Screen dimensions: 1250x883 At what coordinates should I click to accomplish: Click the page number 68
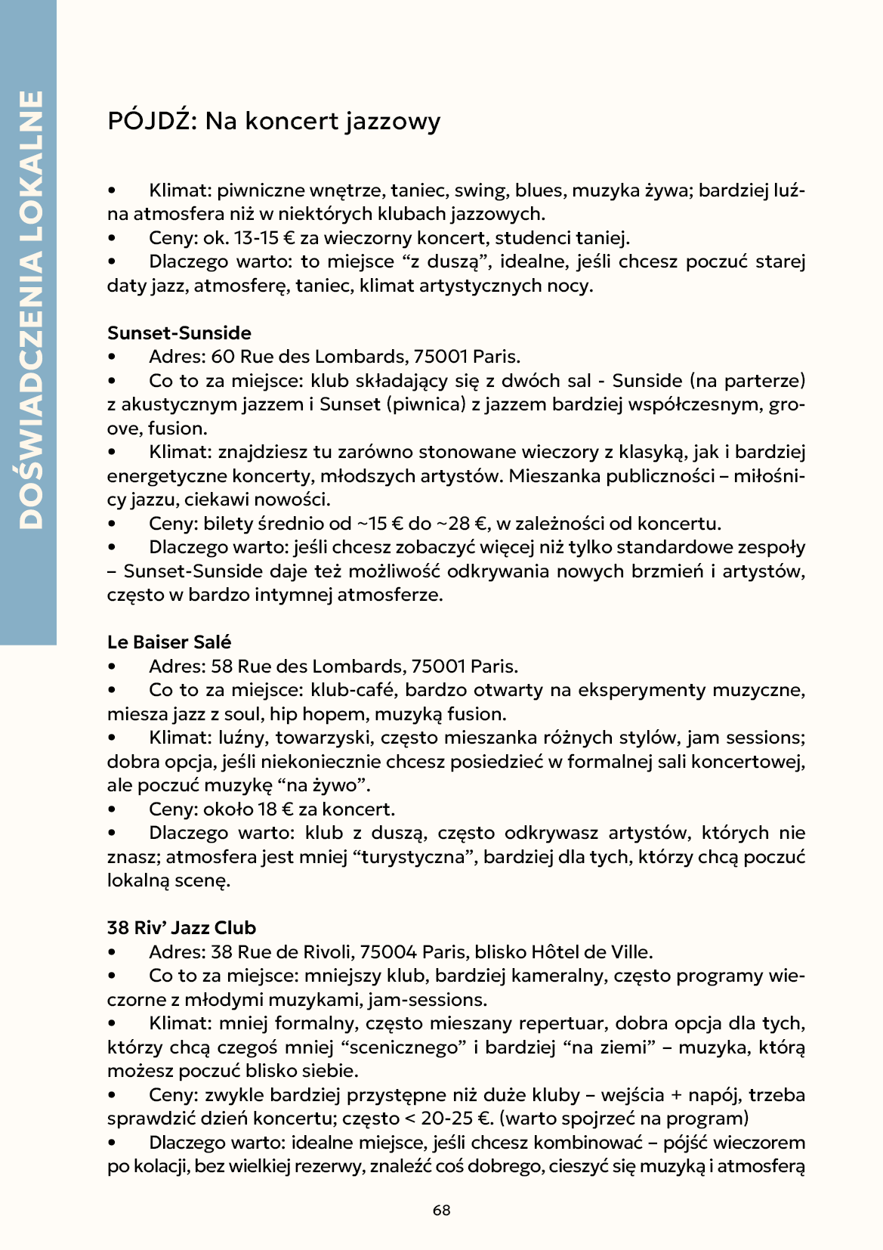(441, 1210)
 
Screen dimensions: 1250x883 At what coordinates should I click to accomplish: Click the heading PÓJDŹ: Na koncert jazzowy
(273, 121)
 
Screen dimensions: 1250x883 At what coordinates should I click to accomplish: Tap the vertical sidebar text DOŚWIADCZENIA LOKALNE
(29, 310)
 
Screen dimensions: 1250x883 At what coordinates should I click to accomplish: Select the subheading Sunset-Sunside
(179, 333)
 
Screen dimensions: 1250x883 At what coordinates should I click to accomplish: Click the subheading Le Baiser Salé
(169, 642)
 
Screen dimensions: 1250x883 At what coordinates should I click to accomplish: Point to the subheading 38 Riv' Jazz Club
(181, 928)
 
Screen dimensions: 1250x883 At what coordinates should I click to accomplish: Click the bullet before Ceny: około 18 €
(112, 809)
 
